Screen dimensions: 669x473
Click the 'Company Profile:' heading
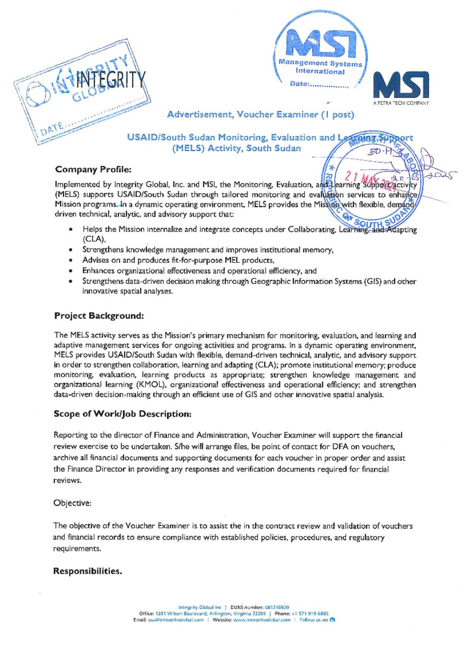click(93, 170)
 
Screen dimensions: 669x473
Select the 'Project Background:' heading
click(99, 316)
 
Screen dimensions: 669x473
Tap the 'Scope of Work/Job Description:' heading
click(123, 414)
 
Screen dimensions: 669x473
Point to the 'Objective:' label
click(73, 503)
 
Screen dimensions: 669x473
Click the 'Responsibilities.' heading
click(88, 571)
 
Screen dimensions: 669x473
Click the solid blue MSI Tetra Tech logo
click(401, 84)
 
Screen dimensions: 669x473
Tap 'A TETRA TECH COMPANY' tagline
click(401, 103)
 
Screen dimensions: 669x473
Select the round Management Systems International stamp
click(320, 51)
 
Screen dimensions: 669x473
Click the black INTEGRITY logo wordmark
click(111, 80)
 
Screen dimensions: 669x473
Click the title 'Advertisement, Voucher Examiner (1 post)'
click(261, 114)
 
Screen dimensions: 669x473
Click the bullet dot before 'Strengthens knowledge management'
click(70, 250)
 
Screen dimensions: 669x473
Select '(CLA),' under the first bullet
click(94, 239)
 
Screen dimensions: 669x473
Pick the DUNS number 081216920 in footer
click(277, 607)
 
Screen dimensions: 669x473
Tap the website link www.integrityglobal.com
click(262, 620)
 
